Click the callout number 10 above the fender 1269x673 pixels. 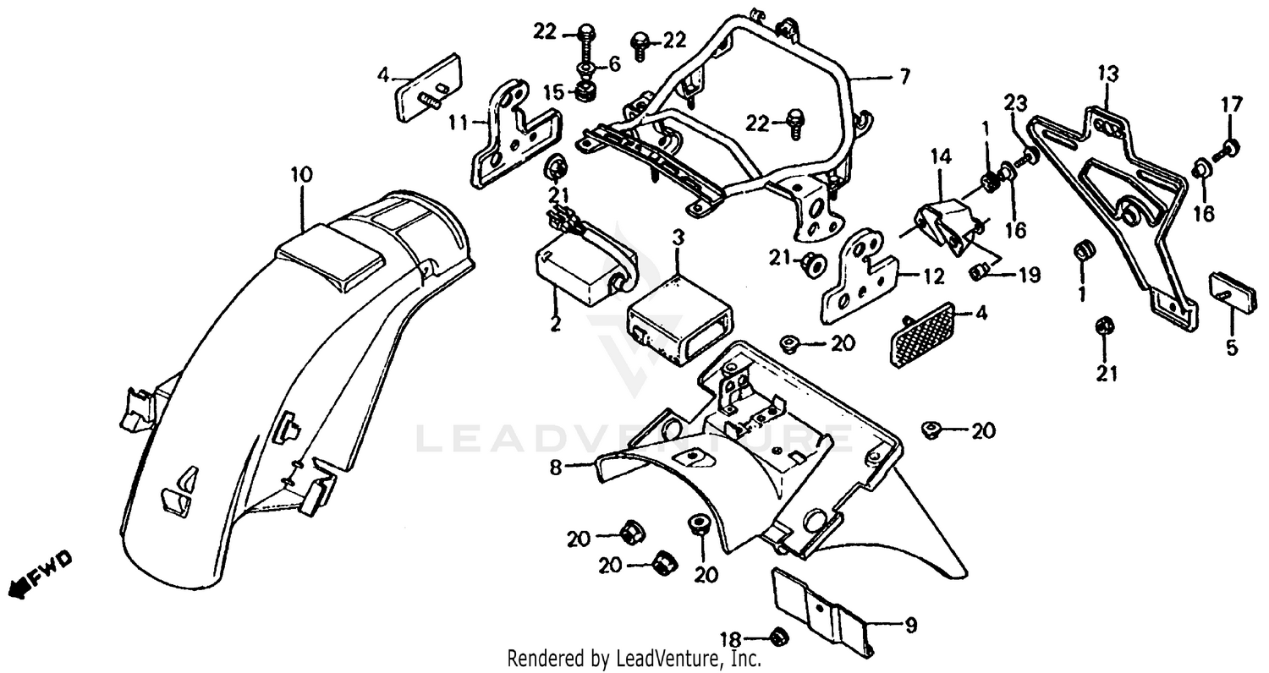(x=300, y=175)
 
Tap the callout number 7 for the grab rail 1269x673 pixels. (x=904, y=78)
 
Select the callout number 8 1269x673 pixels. (x=555, y=467)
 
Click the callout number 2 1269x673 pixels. (x=555, y=325)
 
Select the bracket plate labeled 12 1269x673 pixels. (x=859, y=283)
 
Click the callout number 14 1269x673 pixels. (x=942, y=156)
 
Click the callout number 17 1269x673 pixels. (x=1231, y=105)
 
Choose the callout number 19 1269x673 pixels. (x=1030, y=275)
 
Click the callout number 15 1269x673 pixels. (x=552, y=91)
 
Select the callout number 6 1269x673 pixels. (x=613, y=64)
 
